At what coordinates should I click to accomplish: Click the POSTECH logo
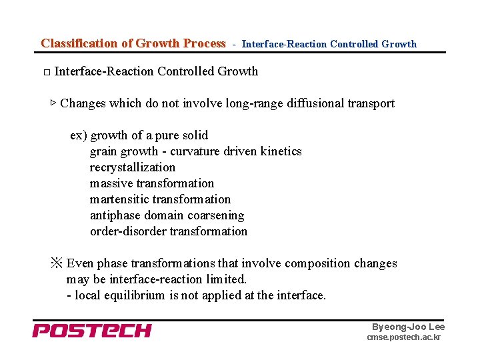click(x=92, y=331)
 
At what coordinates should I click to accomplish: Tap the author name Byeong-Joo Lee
click(x=408, y=327)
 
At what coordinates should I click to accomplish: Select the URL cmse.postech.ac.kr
click(x=404, y=338)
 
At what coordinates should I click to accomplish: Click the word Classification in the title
click(x=79, y=43)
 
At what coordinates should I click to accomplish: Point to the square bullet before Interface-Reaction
click(x=46, y=72)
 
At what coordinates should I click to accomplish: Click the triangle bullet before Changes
click(x=53, y=103)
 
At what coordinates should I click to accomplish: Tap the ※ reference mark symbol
click(x=57, y=263)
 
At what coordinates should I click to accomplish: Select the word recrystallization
click(x=133, y=167)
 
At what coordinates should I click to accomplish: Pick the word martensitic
click(x=119, y=199)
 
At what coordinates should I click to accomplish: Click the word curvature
click(x=196, y=151)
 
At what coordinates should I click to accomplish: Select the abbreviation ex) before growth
click(x=78, y=135)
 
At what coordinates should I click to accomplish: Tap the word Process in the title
click(x=204, y=43)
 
